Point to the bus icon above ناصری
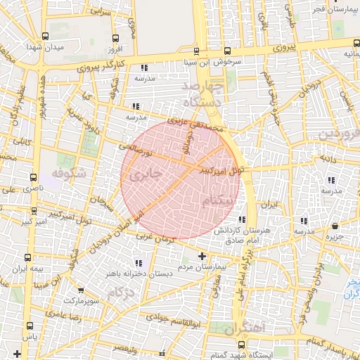coord(33,179)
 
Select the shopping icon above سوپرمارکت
coord(82,290)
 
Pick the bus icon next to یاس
coord(29,326)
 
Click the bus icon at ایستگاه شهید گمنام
coord(242,345)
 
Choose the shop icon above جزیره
coord(335,226)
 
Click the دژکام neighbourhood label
coord(121,291)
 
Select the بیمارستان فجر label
coord(334,9)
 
